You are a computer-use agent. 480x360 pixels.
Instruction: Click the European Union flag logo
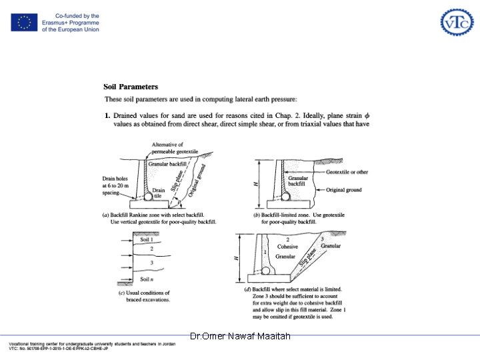(24, 23)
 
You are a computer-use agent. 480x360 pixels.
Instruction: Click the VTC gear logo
(457, 23)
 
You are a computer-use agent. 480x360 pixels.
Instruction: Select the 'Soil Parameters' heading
(131, 87)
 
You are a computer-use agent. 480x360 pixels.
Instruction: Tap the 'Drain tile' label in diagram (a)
(159, 193)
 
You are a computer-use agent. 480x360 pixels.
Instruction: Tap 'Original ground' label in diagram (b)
(344, 190)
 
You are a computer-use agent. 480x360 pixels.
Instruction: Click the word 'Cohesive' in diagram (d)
(287, 247)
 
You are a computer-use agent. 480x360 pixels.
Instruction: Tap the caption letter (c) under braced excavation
(121, 293)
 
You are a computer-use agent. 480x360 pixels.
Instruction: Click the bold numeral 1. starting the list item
(108, 115)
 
